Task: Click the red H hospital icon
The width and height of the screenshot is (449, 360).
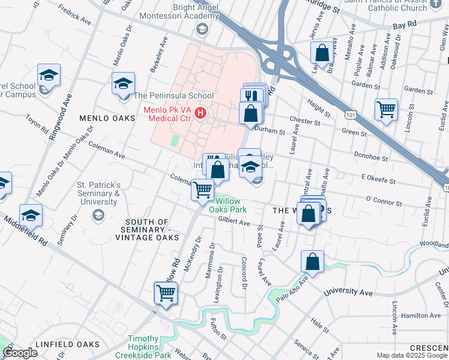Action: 200,112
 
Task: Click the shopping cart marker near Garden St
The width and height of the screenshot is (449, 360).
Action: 386,110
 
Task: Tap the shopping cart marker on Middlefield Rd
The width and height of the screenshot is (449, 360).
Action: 166,293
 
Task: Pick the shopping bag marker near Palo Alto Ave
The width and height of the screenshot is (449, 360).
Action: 312,262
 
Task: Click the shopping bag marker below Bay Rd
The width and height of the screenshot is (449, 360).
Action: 322,53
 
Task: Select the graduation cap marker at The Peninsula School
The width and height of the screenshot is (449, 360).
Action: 123,83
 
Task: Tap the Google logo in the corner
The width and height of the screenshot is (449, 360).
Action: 20,353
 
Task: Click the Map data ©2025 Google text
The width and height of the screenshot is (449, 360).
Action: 412,355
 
